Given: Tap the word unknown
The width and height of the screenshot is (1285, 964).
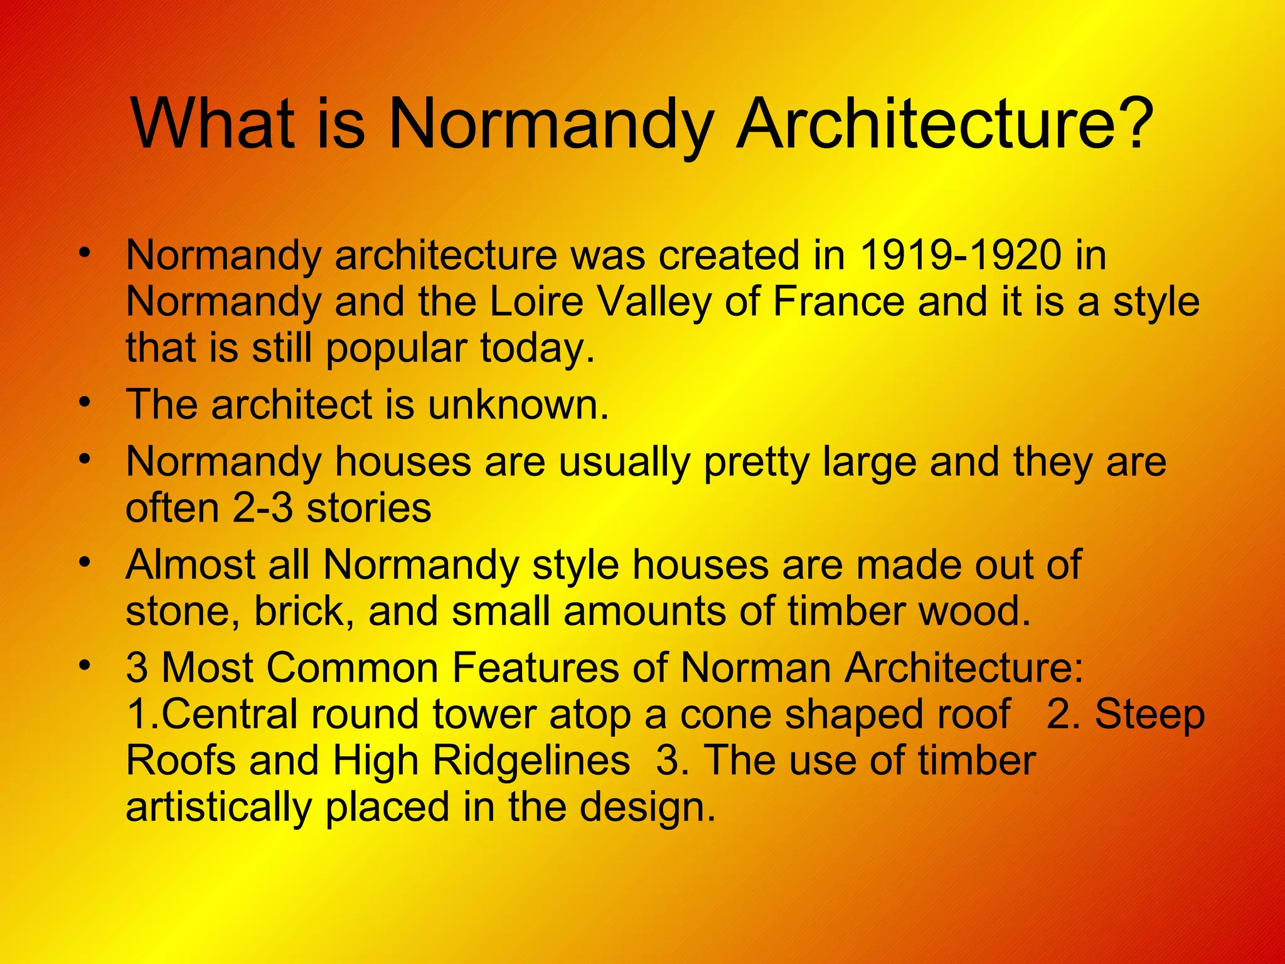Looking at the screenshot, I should (x=518, y=404).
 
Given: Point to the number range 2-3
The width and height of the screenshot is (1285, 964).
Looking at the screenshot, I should (x=263, y=508).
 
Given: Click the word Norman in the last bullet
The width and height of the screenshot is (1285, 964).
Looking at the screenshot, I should (x=756, y=667).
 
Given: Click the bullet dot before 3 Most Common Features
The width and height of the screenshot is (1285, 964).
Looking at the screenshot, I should (x=85, y=664).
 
